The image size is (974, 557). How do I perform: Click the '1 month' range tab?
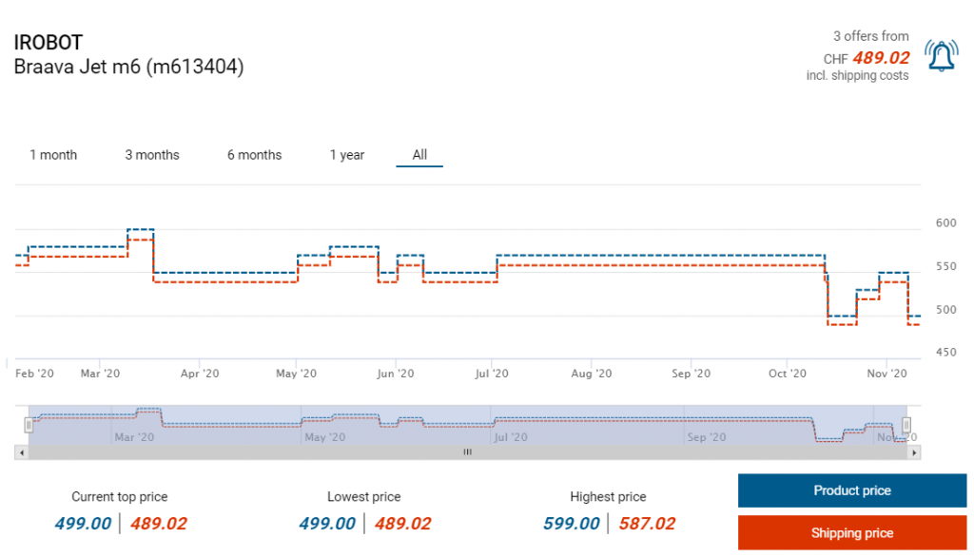click(x=53, y=155)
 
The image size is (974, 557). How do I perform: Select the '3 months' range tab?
click(x=152, y=155)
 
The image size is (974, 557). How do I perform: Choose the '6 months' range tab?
click(x=254, y=155)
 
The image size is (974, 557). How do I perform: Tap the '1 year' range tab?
click(x=347, y=155)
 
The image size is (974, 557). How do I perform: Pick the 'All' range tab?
click(x=419, y=155)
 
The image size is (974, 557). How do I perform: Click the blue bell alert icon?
click(x=942, y=56)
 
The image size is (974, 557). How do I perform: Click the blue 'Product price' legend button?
click(x=851, y=490)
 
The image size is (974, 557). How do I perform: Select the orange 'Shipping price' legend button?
click(x=851, y=533)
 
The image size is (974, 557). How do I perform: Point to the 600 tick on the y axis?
click(x=945, y=223)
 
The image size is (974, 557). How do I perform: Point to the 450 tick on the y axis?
click(x=945, y=353)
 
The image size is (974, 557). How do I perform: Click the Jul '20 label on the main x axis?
click(x=493, y=374)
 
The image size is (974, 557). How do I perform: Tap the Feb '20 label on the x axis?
click(x=34, y=374)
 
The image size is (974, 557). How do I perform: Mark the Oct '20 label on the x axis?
click(x=787, y=374)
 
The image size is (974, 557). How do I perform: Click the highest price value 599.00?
click(x=572, y=524)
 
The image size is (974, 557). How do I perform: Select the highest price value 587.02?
click(x=647, y=524)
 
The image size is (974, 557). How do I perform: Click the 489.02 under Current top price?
click(x=159, y=524)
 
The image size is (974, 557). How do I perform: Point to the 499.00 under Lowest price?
click(x=327, y=524)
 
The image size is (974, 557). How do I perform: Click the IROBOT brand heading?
click(x=49, y=43)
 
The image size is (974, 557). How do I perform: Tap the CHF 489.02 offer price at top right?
click(x=880, y=57)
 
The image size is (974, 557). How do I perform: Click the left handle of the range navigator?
click(x=29, y=426)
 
